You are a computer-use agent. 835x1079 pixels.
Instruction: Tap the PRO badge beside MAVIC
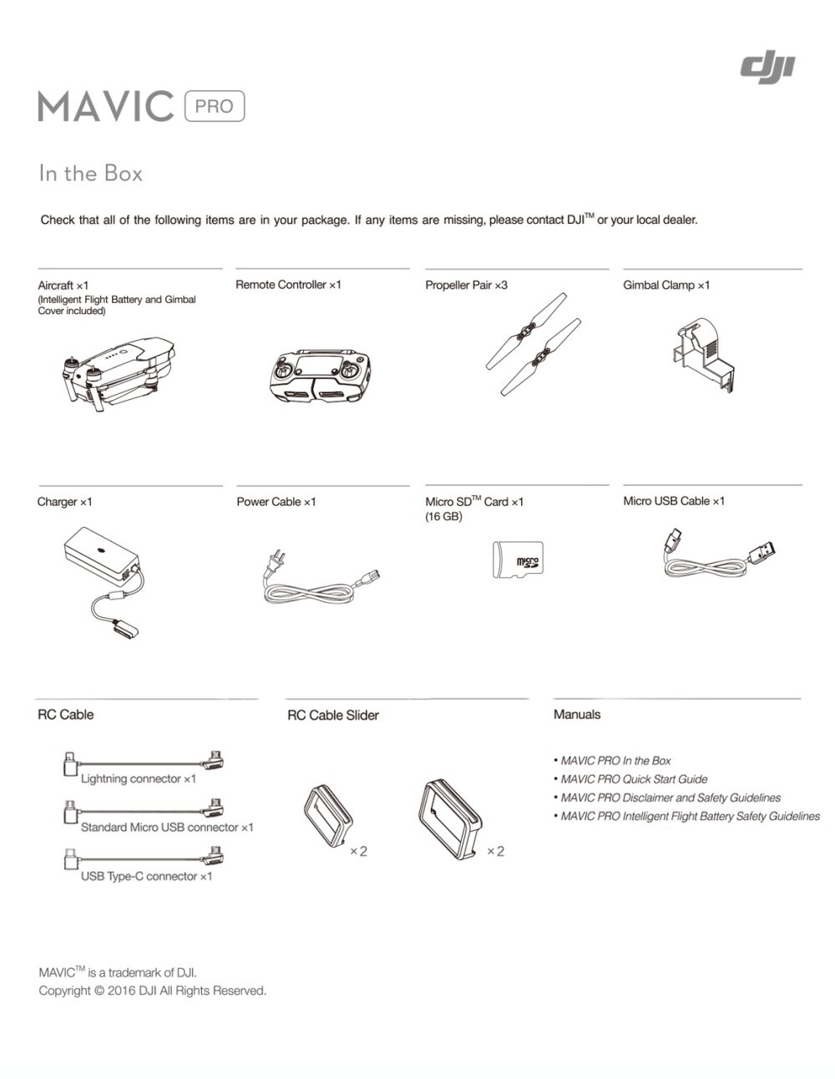tap(214, 107)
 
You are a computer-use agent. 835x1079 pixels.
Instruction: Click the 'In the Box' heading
tap(91, 174)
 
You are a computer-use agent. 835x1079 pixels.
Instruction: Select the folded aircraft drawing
tap(121, 371)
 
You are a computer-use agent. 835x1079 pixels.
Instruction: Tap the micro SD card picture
tap(518, 559)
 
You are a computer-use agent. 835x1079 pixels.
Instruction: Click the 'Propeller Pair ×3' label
tap(466, 286)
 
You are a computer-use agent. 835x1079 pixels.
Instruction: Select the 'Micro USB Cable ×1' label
tap(674, 501)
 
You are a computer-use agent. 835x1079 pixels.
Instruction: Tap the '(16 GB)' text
tap(443, 517)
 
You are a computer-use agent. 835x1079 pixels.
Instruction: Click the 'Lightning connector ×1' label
tap(138, 779)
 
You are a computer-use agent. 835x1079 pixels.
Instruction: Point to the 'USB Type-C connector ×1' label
tap(146, 877)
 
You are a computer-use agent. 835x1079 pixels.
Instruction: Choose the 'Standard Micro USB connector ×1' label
tap(166, 828)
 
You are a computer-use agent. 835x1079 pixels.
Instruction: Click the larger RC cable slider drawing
tap(451, 817)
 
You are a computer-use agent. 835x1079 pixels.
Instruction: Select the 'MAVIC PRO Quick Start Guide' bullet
tap(634, 779)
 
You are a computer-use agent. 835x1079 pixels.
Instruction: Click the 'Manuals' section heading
tap(577, 715)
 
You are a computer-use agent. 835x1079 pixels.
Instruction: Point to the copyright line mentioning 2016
tap(153, 991)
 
